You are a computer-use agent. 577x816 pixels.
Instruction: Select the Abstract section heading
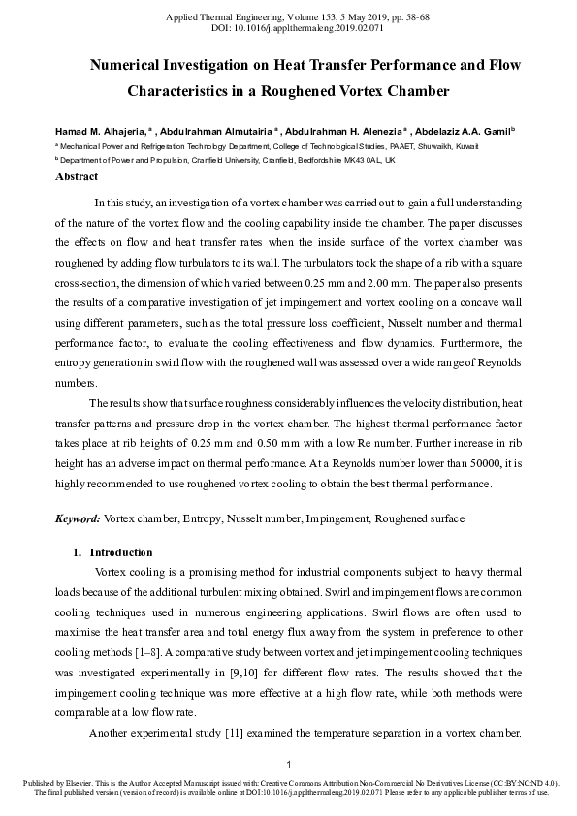pos(77,177)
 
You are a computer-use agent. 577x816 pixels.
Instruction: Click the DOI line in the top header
pos(288,30)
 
